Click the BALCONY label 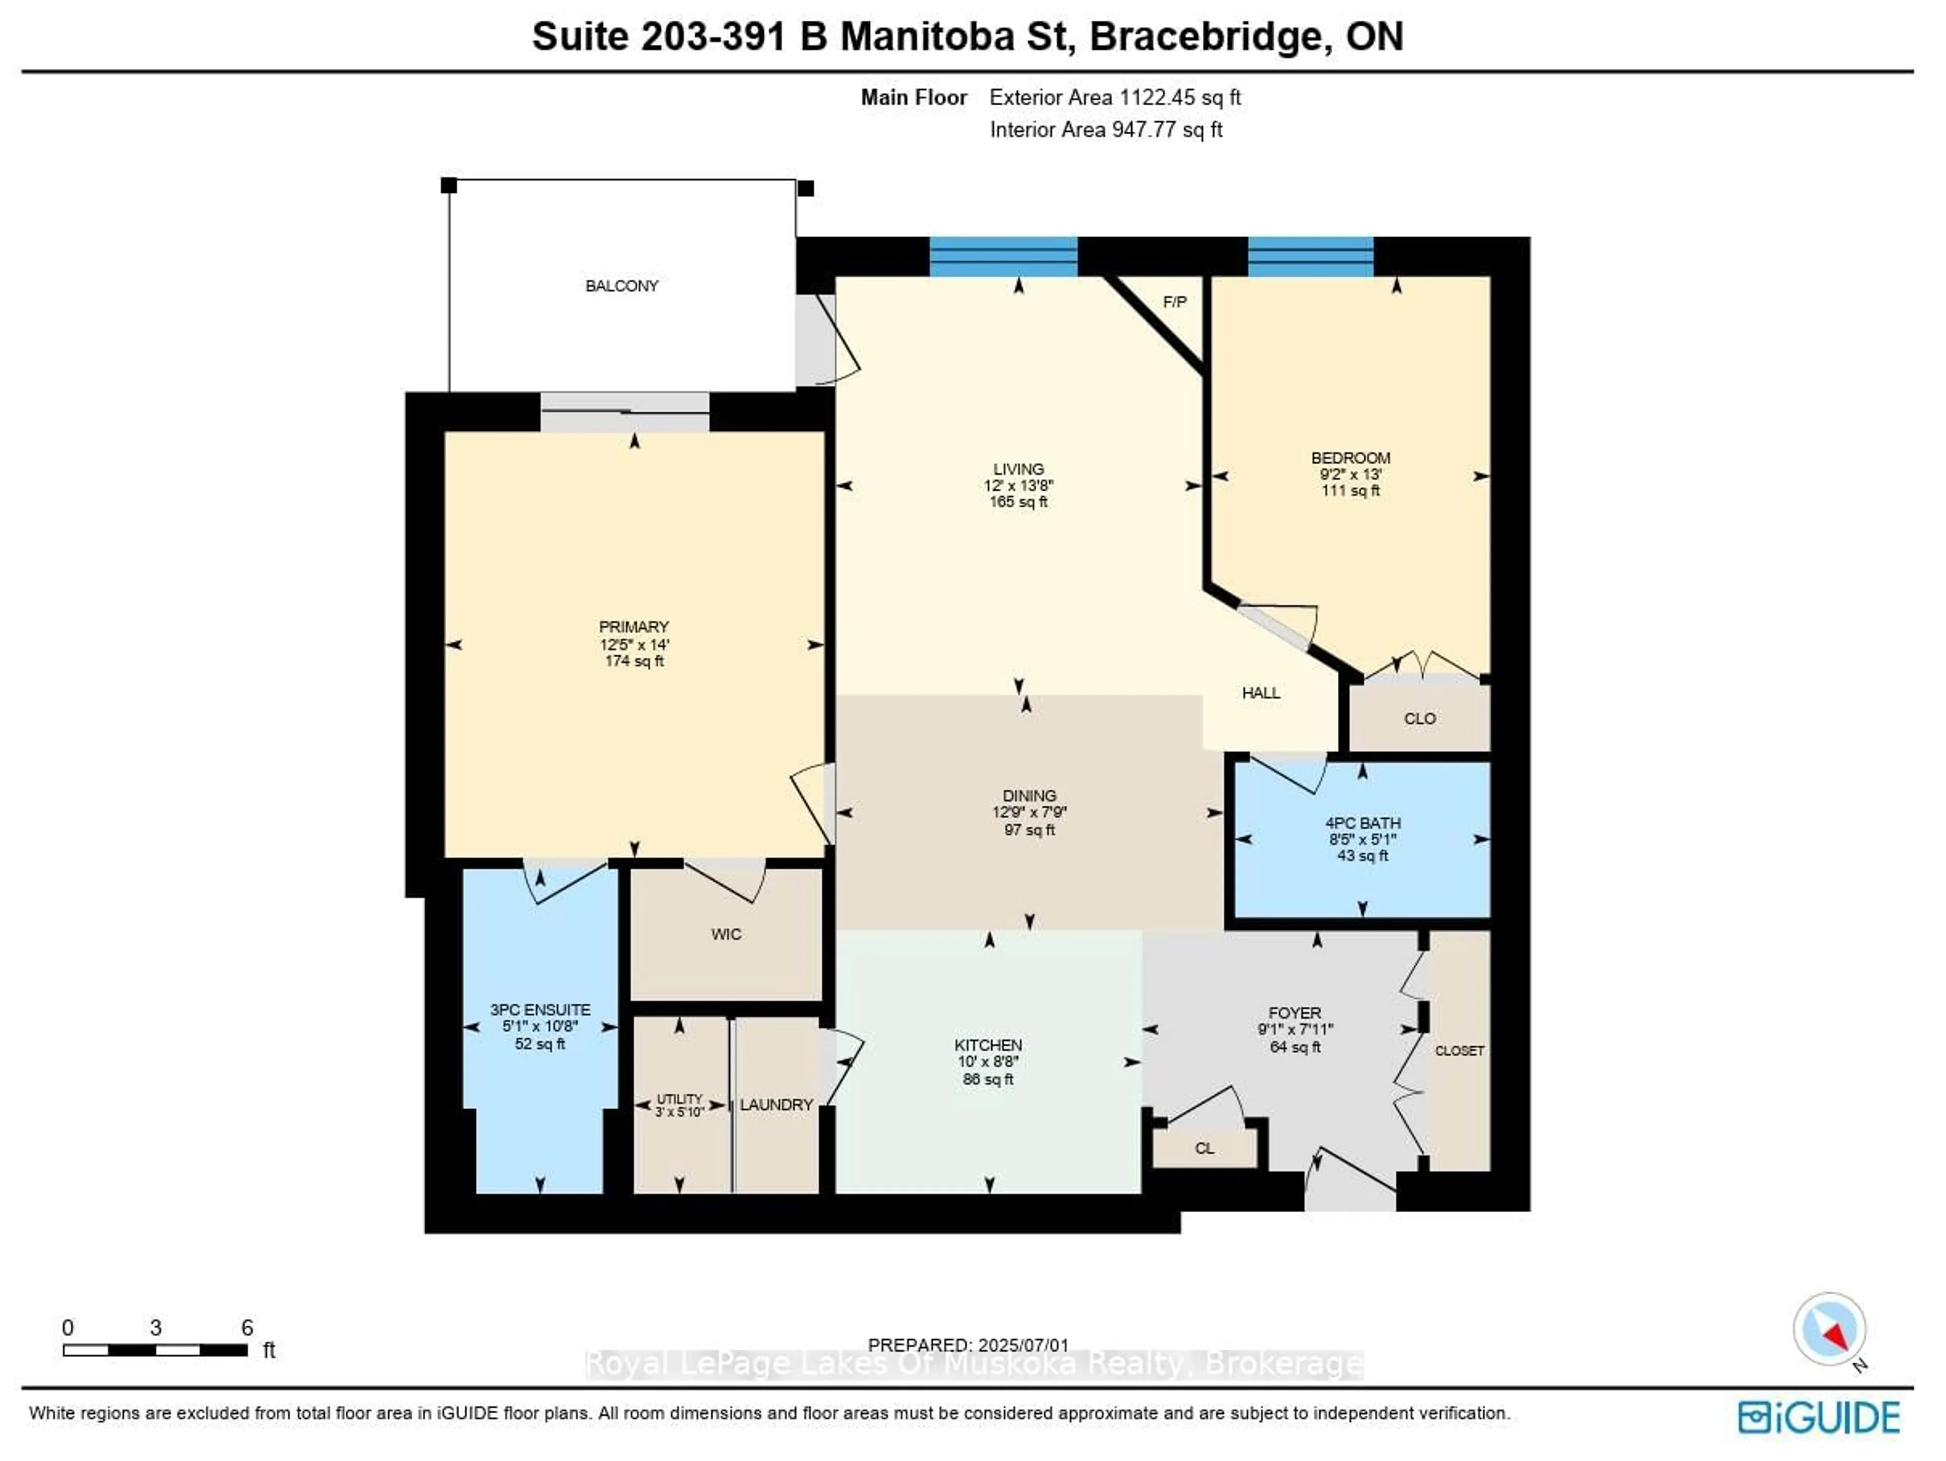tap(622, 286)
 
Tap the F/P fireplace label tap(1175, 302)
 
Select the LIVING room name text tap(1019, 469)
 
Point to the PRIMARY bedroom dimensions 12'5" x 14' tap(634, 644)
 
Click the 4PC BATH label tap(1363, 823)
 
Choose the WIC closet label tap(727, 934)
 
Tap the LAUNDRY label tap(776, 1105)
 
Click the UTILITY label tap(679, 1099)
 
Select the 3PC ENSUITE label tap(540, 1009)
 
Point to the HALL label tap(1261, 692)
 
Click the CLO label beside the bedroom tap(1420, 718)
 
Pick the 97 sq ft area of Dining tap(1029, 829)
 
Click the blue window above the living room tap(1004, 256)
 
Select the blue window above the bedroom tap(1311, 256)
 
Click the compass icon tap(1830, 1329)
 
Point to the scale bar tap(155, 1350)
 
